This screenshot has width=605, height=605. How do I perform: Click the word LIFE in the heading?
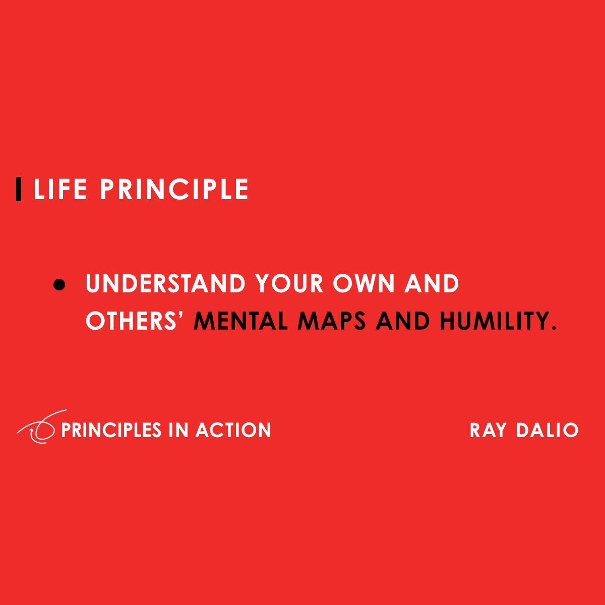[x=60, y=189]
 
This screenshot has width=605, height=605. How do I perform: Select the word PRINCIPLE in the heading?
[x=174, y=189]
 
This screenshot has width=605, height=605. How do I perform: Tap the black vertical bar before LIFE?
[x=19, y=189]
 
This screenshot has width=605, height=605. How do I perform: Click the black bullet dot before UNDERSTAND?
[x=59, y=284]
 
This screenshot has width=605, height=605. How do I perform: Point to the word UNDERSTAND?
[x=165, y=283]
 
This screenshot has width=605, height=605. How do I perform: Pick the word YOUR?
[x=289, y=283]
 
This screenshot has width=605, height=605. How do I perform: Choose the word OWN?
[x=364, y=283]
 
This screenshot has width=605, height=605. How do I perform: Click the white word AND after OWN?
[x=432, y=283]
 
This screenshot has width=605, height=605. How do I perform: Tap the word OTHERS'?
[x=135, y=321]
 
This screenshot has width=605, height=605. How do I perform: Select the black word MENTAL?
[x=241, y=321]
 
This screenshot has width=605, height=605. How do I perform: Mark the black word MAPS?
[x=332, y=321]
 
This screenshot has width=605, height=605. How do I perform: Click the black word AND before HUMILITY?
[x=402, y=321]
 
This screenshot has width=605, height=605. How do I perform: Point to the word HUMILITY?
[x=495, y=321]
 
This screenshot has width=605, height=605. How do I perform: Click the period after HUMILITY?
[x=554, y=328]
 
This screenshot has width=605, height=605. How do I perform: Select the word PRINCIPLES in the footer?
[x=111, y=430]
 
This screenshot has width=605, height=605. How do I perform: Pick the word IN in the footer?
[x=178, y=430]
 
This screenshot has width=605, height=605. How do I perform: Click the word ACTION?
[x=233, y=430]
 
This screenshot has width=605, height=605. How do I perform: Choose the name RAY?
[x=488, y=430]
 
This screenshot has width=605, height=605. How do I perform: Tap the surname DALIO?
[x=548, y=430]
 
